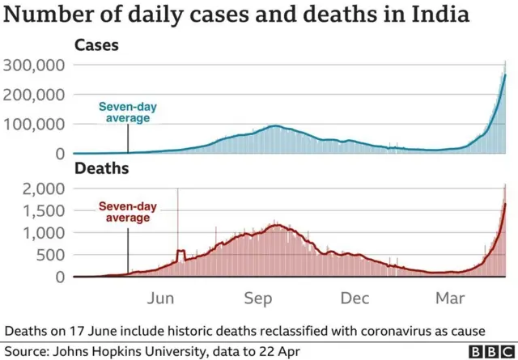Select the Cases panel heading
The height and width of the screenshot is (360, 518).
click(96, 45)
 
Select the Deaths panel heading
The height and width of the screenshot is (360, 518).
click(100, 169)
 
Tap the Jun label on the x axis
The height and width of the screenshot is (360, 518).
click(162, 299)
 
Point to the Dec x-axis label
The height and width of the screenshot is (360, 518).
click(355, 299)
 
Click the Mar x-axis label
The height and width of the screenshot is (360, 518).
click(450, 299)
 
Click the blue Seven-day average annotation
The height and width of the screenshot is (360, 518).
click(125, 112)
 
